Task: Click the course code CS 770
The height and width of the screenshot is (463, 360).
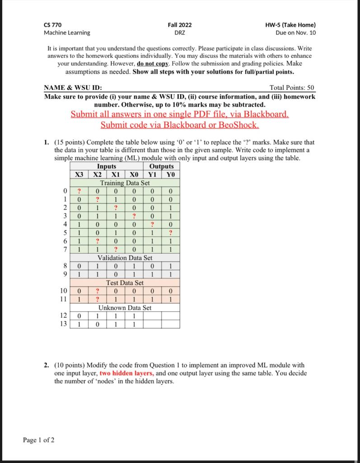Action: click(53, 25)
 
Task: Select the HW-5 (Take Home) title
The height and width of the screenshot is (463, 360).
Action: click(290, 25)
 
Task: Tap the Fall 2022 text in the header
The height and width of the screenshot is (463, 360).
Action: click(179, 25)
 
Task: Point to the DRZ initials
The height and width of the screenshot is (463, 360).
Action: click(179, 33)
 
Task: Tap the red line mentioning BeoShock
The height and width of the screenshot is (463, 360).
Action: click(180, 124)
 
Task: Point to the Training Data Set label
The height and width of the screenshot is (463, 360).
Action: click(125, 183)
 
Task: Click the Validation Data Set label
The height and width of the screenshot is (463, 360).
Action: click(125, 258)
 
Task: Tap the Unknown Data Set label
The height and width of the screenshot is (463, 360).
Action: click(125, 307)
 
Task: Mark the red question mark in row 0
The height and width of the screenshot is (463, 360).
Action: click(79, 191)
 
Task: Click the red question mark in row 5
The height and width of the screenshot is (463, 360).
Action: click(170, 233)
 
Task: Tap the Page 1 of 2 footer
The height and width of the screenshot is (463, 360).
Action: click(39, 440)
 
